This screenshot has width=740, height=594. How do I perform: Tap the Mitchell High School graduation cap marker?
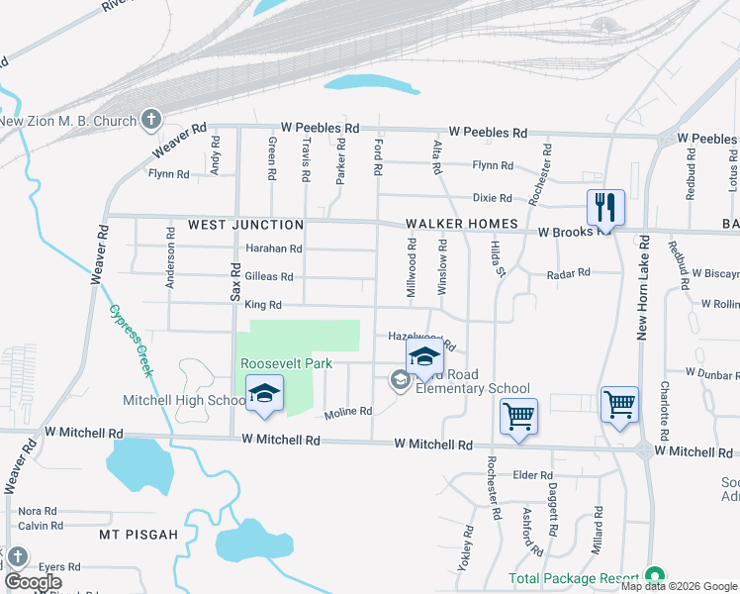(x=264, y=394)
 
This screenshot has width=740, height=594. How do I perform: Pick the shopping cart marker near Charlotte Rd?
(x=619, y=403)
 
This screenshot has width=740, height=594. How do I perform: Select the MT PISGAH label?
(x=139, y=535)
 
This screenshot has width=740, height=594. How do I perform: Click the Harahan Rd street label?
(x=274, y=248)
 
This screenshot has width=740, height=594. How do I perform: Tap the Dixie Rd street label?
(x=492, y=198)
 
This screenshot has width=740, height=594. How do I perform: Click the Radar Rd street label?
(x=569, y=272)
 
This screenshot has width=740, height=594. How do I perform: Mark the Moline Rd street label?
(x=348, y=411)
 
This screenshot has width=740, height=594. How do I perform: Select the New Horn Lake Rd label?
(x=642, y=288)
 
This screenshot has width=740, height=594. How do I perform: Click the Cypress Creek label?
(x=132, y=339)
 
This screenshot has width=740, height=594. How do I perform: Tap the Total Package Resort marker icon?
(x=653, y=576)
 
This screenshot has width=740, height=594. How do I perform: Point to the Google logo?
(x=33, y=582)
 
